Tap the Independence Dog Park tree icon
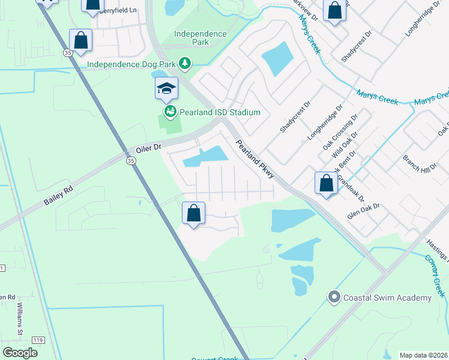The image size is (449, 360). pyautogui.click(x=186, y=64)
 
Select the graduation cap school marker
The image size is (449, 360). pyautogui.click(x=166, y=89)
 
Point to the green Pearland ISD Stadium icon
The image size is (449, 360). pyautogui.click(x=170, y=112)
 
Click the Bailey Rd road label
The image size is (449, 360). pyautogui.click(x=58, y=196)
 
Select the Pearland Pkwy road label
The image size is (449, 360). pyautogui.click(x=255, y=159)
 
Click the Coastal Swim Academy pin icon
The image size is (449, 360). pyautogui.click(x=334, y=297)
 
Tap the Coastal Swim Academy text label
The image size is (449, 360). pyautogui.click(x=387, y=298)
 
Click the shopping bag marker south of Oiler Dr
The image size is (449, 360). pyautogui.click(x=194, y=214)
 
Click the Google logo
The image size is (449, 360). pyautogui.click(x=20, y=352)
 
